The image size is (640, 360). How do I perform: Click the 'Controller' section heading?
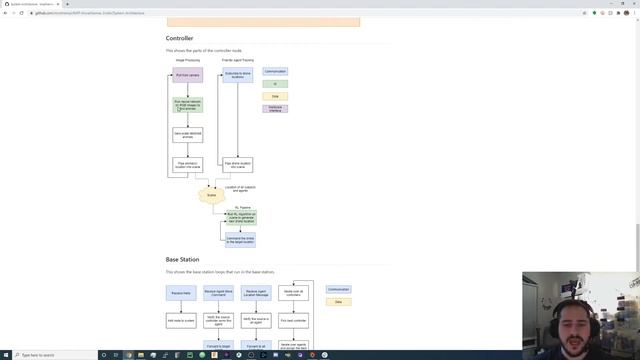(x=180, y=39)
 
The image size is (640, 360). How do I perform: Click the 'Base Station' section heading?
(x=182, y=260)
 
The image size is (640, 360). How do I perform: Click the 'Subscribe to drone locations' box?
(x=238, y=75)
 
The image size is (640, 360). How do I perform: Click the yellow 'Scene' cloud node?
(x=211, y=196)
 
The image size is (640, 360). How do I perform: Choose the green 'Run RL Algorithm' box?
(x=241, y=217)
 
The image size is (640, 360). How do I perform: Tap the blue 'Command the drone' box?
(x=241, y=240)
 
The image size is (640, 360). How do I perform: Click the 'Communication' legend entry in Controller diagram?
(x=275, y=72)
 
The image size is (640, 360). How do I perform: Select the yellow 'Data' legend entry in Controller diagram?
(x=275, y=96)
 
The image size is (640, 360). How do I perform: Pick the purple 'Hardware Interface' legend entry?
(x=275, y=108)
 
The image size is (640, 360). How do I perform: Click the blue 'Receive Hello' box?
(x=181, y=293)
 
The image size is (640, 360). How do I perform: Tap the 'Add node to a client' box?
(x=181, y=320)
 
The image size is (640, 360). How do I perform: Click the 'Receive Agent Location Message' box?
(x=256, y=293)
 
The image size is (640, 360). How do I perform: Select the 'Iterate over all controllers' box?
(x=294, y=293)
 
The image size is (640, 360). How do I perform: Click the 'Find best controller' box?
(x=294, y=320)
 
